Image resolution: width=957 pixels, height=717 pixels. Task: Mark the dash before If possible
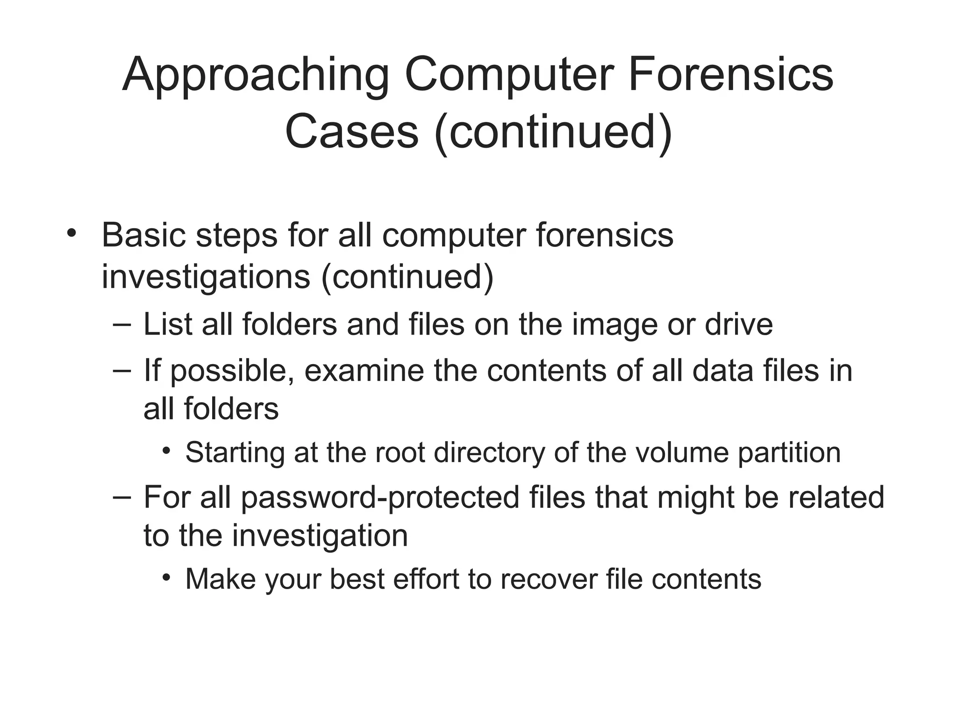pyautogui.click(x=122, y=370)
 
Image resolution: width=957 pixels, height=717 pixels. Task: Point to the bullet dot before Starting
pyautogui.click(x=166, y=451)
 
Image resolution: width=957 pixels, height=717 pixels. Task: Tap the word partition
pyautogui.click(x=789, y=452)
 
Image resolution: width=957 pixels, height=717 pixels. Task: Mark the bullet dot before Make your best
pyautogui.click(x=166, y=578)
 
